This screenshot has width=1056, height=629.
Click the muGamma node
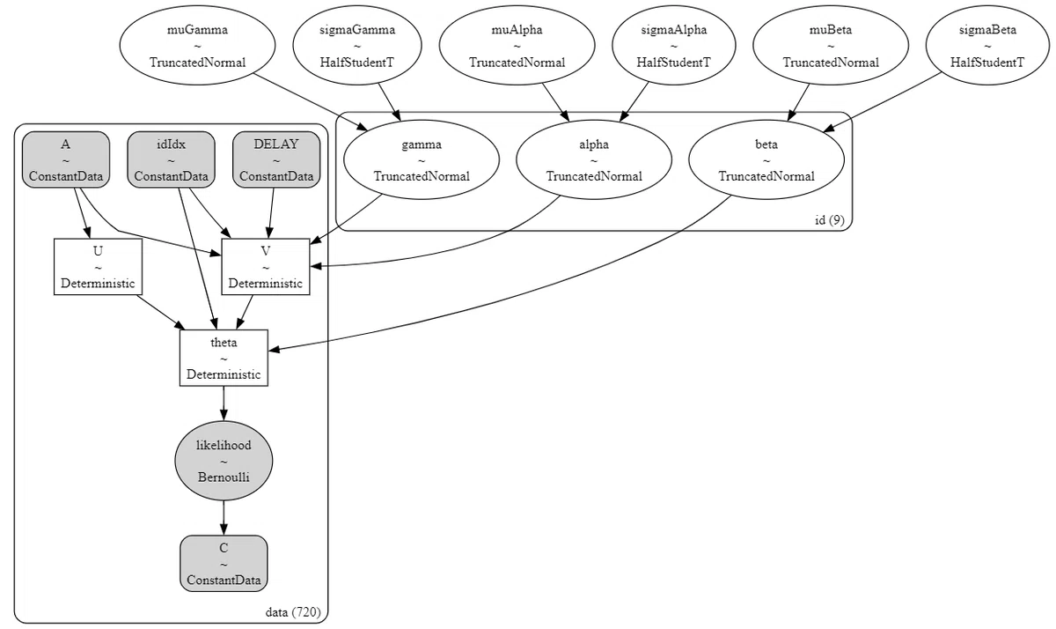coord(197,45)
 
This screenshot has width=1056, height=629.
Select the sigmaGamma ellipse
coord(357,45)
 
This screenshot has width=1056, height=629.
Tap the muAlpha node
coord(517,45)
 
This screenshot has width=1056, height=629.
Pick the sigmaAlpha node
coord(674,45)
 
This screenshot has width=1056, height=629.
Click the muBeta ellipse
coord(831,45)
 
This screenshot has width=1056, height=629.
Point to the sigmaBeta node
coord(987,45)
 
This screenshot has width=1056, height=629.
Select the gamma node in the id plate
coord(422,159)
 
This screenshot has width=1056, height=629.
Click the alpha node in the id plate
coord(594,159)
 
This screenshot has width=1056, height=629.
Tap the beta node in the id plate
coord(766,159)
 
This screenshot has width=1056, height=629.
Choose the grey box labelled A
coord(65,159)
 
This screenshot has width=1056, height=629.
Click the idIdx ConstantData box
coord(171,159)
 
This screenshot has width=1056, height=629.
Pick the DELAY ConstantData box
coord(276,159)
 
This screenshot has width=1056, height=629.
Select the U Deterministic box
coord(98,267)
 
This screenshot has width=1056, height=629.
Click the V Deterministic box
coord(266,267)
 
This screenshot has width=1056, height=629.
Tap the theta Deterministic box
coord(224,358)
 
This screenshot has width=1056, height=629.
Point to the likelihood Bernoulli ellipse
coord(224,461)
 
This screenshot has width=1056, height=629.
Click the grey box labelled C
coord(224,564)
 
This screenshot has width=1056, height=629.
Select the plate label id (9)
coord(830,220)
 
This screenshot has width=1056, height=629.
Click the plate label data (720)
coord(293,612)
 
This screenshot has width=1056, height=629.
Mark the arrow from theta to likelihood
coord(224,403)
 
